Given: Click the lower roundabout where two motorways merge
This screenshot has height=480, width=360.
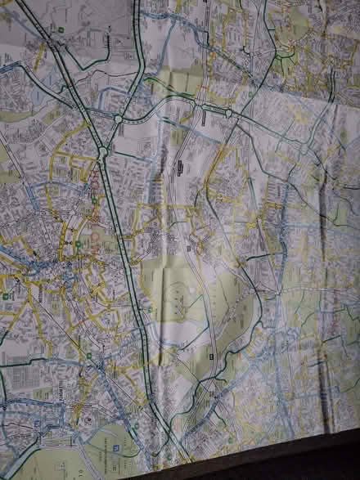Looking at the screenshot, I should coord(101,153).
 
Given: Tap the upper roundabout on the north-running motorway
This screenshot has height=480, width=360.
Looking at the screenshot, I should coord(117,119).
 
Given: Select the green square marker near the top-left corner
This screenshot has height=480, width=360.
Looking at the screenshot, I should coord(61,30).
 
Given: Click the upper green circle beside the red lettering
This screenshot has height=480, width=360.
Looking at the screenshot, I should coord(95,200).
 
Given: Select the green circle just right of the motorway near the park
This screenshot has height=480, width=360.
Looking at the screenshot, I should coord(150,308).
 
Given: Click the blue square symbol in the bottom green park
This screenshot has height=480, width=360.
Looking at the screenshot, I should coord(116,449).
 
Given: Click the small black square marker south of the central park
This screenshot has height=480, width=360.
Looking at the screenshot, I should coord(211,357).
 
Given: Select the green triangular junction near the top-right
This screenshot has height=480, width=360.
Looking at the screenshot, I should coord(285,53).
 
